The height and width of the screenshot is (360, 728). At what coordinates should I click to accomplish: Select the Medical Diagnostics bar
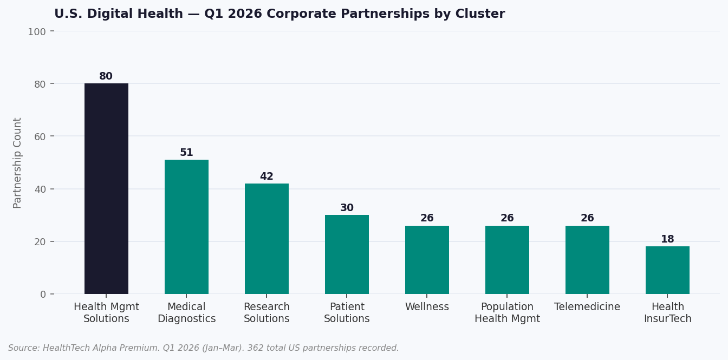[x=186, y=227]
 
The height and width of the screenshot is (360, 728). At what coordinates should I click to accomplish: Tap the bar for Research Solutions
[x=266, y=239]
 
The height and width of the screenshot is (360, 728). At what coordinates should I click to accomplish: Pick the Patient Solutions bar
[x=347, y=254]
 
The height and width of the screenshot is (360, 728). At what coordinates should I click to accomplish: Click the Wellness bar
[x=427, y=260]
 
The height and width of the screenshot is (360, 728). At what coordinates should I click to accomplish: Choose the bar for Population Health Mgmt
[x=507, y=260]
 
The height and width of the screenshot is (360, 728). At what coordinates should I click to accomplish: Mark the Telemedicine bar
[x=587, y=260]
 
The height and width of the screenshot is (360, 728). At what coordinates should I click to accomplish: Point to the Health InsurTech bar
[x=667, y=270]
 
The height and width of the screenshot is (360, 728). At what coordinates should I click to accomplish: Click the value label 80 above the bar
[x=106, y=76]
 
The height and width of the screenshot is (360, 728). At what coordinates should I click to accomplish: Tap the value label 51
[x=186, y=153]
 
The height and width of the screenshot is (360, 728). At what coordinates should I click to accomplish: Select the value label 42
[x=266, y=176]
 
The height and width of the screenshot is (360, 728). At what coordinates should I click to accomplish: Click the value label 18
[x=667, y=239]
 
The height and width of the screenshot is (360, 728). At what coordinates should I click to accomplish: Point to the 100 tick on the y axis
[x=37, y=31]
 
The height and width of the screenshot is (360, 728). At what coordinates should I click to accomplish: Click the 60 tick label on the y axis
[x=40, y=136]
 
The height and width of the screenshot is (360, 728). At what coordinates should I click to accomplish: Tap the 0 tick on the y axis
[x=43, y=294]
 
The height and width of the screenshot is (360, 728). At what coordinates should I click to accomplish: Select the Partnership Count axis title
[x=18, y=162]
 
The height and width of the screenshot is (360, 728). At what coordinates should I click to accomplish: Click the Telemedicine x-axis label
[x=587, y=307]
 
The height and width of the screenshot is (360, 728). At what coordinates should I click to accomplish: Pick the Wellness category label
[x=427, y=307]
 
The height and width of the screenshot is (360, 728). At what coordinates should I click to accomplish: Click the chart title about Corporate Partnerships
[x=279, y=14]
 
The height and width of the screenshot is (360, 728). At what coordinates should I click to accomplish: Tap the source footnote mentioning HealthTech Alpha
[x=203, y=348]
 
